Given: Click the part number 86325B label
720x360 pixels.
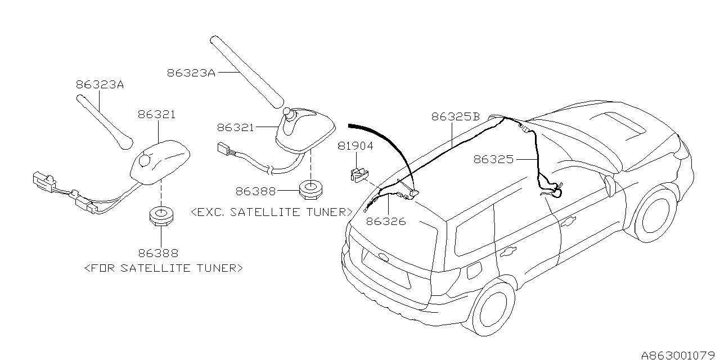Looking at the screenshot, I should tap(455, 117).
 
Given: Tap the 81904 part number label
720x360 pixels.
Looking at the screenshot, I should tap(355, 146).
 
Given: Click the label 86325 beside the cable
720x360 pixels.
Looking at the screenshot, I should tap(493, 159).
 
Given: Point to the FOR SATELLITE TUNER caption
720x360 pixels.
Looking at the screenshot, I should tap(163, 268).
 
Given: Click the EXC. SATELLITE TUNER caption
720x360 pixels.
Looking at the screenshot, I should tap(272, 212).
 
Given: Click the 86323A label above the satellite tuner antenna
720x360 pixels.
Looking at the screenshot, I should tap(100, 85).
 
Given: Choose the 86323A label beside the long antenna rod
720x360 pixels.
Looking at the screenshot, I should tap(191, 73).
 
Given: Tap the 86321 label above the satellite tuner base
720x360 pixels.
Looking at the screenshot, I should tap(156, 114).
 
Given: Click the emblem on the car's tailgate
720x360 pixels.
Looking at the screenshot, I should tap(384, 258).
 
